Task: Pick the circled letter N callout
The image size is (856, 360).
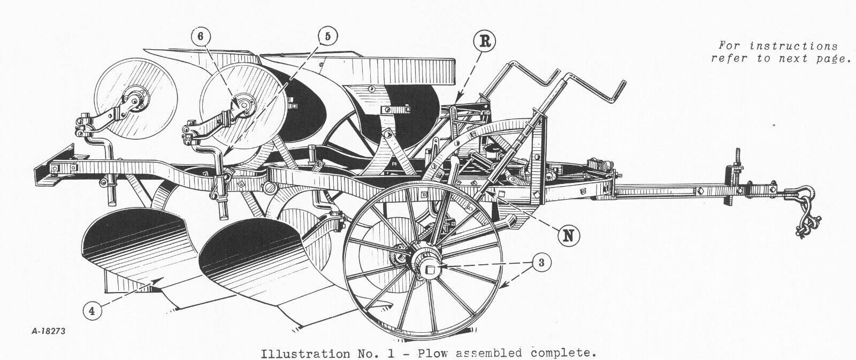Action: click(x=569, y=236)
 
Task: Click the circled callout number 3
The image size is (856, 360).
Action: click(x=541, y=263)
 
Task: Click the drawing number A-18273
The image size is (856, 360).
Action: click(x=49, y=331)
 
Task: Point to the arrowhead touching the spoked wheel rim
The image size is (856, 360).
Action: click(x=503, y=285)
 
